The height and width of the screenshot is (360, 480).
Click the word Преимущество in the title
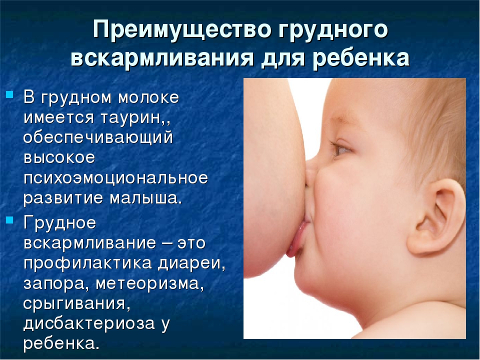pos(182,29)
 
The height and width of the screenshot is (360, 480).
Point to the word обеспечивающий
pos(98,138)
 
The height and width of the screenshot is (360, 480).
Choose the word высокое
pos(59,157)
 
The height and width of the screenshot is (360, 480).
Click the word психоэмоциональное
pos(115,178)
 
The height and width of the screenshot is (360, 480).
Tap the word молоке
pos(148,97)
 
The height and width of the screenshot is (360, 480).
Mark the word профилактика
pos(87,263)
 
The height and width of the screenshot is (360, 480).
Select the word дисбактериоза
pos(89,324)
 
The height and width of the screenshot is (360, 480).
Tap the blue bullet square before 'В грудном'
pos(10,94)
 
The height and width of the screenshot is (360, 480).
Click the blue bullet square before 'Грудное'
pos(10,220)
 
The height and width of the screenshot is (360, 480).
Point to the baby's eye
pos(342,149)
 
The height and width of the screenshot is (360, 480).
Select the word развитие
pos(63,198)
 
